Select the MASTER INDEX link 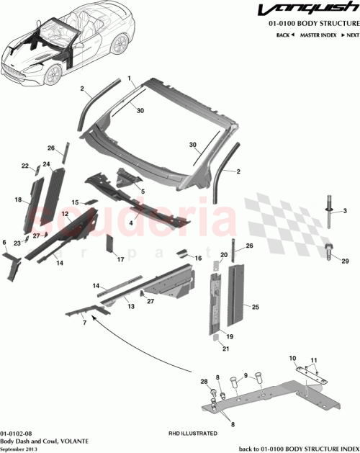318,35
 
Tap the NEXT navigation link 351,35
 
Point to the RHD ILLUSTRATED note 193,434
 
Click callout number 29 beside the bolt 344,261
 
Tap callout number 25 255,307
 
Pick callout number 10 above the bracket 292,358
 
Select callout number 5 143,191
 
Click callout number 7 84,324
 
